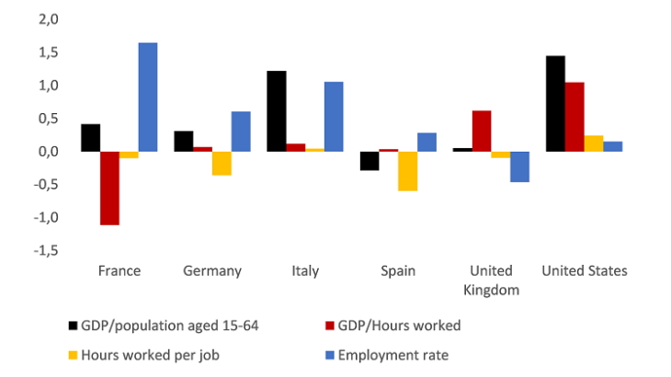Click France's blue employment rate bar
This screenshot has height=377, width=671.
(148, 97)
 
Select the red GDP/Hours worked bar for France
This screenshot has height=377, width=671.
(110, 188)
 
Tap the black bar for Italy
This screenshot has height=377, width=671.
(277, 111)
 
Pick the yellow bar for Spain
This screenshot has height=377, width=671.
(407, 171)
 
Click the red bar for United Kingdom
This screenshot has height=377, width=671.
(481, 131)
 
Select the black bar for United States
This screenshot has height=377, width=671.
(555, 104)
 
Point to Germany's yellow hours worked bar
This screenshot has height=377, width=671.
(222, 164)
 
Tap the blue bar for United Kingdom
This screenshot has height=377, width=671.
(519, 166)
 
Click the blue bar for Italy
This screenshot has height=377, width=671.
(333, 117)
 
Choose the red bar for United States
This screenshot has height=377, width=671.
(574, 117)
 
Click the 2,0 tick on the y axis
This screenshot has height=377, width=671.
(47, 19)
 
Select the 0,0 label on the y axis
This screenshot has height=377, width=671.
(47, 152)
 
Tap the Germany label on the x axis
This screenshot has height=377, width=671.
(212, 271)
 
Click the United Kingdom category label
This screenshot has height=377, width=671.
(491, 280)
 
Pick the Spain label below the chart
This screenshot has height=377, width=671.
(398, 271)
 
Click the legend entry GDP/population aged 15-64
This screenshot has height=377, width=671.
(161, 325)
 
